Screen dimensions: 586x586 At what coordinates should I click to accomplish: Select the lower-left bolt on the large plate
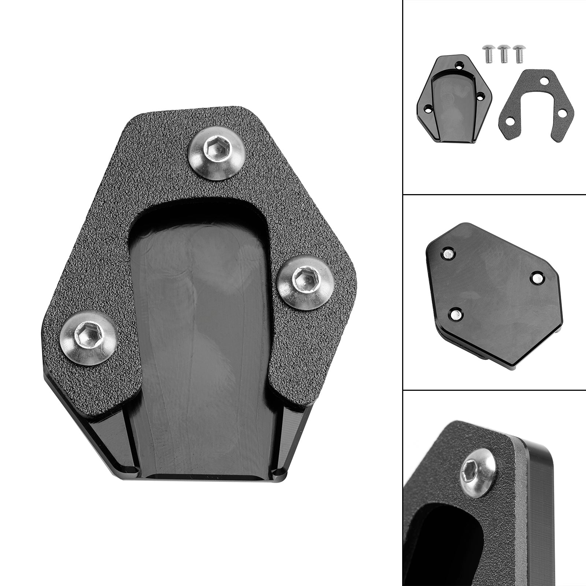click(x=88, y=337)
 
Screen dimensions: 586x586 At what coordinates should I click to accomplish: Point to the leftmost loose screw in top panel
click(x=487, y=53)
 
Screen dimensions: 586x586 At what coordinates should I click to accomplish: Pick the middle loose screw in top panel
click(x=504, y=53)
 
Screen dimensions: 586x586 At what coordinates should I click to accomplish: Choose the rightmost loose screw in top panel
click(x=519, y=53)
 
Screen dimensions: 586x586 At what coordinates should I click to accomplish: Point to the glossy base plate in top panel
click(x=454, y=99)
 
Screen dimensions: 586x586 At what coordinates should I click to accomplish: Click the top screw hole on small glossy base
click(x=466, y=65)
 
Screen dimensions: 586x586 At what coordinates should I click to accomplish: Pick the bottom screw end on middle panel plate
click(x=456, y=313)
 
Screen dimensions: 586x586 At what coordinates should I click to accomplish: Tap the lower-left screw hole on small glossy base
click(x=428, y=108)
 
